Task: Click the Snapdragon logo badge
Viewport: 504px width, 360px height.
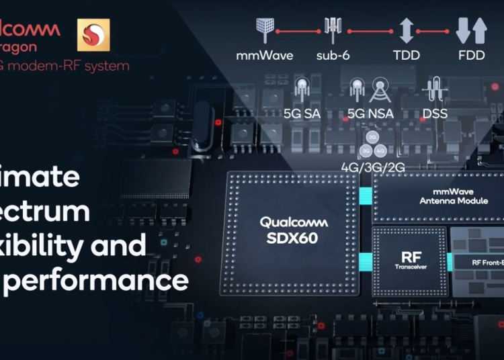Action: click(x=93, y=35)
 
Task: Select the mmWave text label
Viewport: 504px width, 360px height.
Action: click(x=264, y=56)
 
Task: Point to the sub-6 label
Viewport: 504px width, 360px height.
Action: click(x=331, y=56)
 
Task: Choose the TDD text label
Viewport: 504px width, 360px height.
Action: click(x=407, y=56)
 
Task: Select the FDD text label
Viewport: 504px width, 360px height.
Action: click(x=470, y=56)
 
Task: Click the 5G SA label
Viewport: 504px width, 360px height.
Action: click(x=302, y=114)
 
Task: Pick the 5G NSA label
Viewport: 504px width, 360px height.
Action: click(x=370, y=114)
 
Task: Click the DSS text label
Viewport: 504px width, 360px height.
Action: click(x=435, y=114)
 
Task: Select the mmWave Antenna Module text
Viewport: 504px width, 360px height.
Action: click(x=444, y=195)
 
